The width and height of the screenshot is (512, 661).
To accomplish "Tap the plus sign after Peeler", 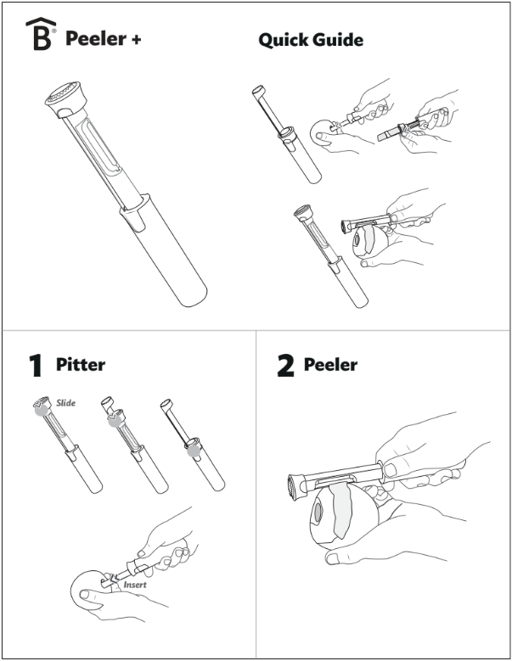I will (136, 39).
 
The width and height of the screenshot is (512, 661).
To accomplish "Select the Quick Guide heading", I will (311, 40).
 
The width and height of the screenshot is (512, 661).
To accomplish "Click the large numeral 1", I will (35, 366).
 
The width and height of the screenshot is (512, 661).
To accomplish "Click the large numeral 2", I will (286, 366).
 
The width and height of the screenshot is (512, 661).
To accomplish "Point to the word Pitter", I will (81, 365).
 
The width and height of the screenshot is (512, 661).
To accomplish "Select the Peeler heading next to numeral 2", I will (330, 365).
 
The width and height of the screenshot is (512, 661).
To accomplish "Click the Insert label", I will (135, 585).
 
